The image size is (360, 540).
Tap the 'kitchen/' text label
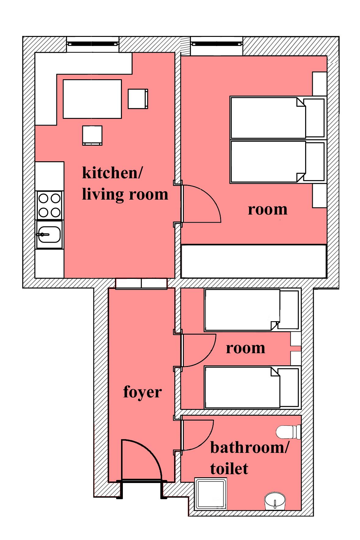[112, 173]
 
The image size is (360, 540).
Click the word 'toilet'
[229, 468]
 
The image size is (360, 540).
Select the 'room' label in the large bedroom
[267, 210]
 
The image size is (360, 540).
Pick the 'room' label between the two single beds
[245, 348]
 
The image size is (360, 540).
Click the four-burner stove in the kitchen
[49, 205]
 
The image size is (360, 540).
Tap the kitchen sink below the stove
[49, 234]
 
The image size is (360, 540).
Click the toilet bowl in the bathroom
[289, 432]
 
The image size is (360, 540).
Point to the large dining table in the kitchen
[92, 99]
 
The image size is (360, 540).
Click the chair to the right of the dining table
[138, 99]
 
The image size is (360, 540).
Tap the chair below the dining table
[92, 135]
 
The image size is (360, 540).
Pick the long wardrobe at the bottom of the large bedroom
[254, 261]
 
